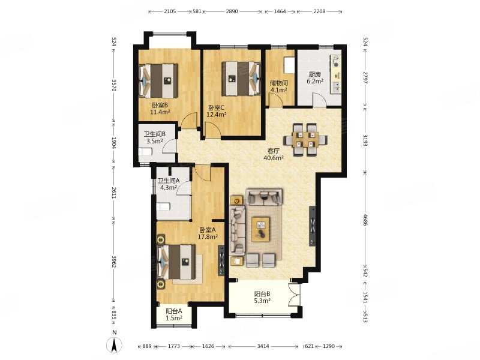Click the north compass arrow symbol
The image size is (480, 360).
[x=114, y=346]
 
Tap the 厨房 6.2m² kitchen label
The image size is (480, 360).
[x=316, y=78]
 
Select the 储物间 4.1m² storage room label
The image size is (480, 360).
[x=278, y=86]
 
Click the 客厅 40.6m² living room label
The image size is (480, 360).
[x=274, y=154]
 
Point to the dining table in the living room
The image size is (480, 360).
[x=305, y=140]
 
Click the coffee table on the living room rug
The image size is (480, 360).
[x=260, y=229]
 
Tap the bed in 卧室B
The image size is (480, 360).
[x=158, y=80]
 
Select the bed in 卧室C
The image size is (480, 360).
[x=241, y=79]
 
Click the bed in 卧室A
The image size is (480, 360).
[x=176, y=262]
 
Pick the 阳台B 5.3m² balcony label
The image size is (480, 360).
[x=262, y=297]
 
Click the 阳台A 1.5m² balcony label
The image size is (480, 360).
[x=174, y=314]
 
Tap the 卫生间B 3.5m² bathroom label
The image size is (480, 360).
[x=155, y=137]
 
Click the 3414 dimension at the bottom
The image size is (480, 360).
[x=263, y=346]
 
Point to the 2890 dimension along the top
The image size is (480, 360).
[x=232, y=11]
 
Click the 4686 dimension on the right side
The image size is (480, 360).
[x=365, y=220]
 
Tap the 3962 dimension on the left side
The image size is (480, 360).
[x=113, y=262]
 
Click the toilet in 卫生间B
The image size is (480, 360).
[x=145, y=152]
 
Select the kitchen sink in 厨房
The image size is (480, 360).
[x=336, y=87]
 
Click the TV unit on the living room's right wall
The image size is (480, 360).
[x=313, y=226]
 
